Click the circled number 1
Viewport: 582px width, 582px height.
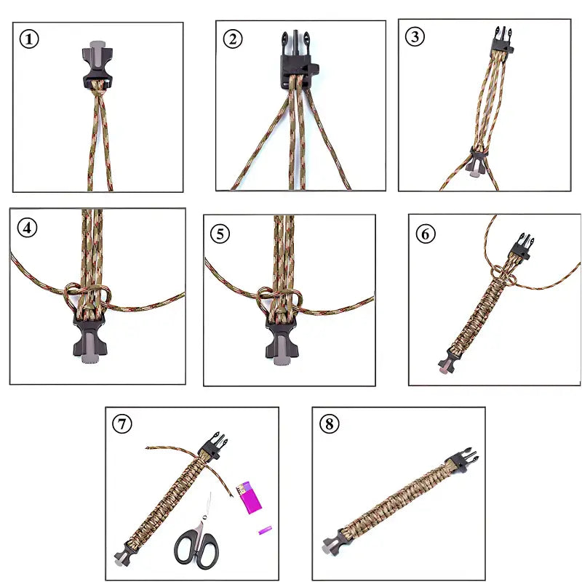(x=29, y=39)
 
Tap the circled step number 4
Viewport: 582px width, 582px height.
(x=28, y=228)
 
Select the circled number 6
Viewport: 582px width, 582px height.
(x=426, y=234)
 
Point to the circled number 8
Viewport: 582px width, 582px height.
(x=330, y=424)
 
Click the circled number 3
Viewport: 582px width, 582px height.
(x=415, y=37)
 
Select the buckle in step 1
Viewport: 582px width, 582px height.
(x=97, y=70)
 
